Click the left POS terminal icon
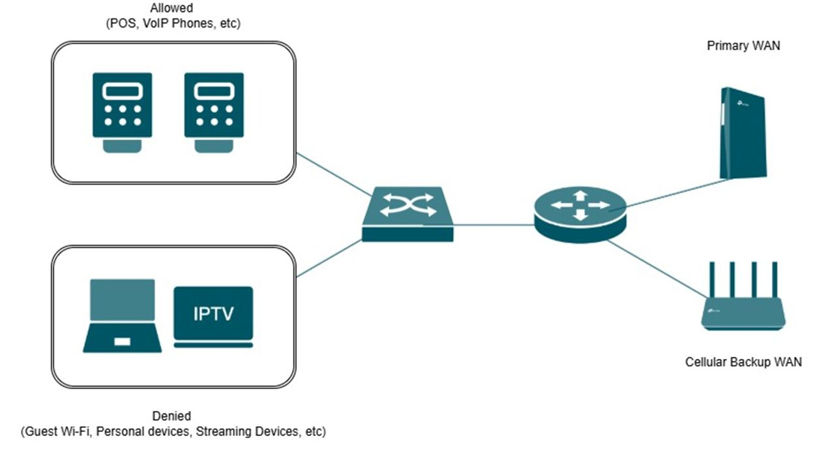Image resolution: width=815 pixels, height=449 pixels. (123, 112)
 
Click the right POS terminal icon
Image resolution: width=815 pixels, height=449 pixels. (214, 112)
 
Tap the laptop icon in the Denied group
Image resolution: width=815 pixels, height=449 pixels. (123, 316)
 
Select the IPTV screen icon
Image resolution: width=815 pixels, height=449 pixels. (213, 317)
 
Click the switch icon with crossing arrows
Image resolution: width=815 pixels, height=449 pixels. (408, 214)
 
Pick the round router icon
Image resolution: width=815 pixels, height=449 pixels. (580, 215)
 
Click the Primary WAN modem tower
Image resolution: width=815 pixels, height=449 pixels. (743, 133)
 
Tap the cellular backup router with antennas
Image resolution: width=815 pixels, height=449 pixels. (743, 296)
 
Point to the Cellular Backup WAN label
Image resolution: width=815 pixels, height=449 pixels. (743, 362)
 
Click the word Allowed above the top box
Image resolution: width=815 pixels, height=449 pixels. (171, 8)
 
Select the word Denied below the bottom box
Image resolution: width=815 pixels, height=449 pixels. (171, 416)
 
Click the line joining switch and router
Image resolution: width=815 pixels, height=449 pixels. (494, 225)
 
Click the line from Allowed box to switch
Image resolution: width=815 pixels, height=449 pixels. (333, 174)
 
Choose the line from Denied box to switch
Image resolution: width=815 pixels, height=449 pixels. (329, 258)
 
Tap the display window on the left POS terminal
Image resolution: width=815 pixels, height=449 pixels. (123, 91)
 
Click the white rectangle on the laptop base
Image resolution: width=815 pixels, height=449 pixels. (123, 341)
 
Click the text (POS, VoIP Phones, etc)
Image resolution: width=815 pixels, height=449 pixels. (173, 23)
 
